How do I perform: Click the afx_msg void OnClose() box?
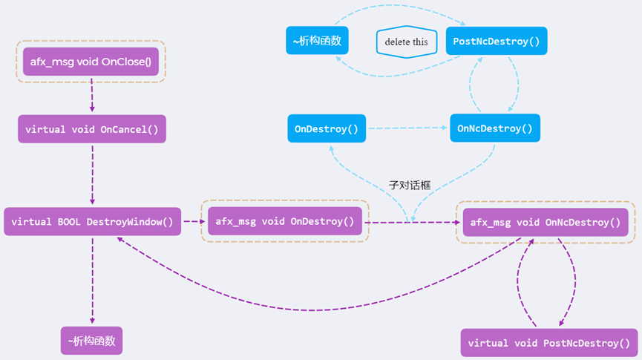[91, 62]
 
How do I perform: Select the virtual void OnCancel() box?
[92, 129]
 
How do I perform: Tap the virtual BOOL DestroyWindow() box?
[92, 221]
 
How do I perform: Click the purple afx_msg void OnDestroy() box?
[285, 221]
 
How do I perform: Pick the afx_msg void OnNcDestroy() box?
[545, 222]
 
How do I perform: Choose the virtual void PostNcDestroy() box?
[549, 343]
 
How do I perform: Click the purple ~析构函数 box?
[91, 341]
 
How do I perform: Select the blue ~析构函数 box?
[317, 40]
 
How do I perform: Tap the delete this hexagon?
[406, 42]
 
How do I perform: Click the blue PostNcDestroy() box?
[496, 41]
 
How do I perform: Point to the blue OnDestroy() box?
[326, 128]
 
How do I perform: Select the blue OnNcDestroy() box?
[494, 128]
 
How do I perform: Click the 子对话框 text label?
[409, 185]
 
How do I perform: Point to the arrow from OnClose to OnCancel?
[92, 94]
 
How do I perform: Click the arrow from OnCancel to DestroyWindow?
[92, 174]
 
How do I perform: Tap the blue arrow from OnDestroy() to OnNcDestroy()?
[408, 128]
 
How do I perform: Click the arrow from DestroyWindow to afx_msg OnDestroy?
[191, 221]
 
